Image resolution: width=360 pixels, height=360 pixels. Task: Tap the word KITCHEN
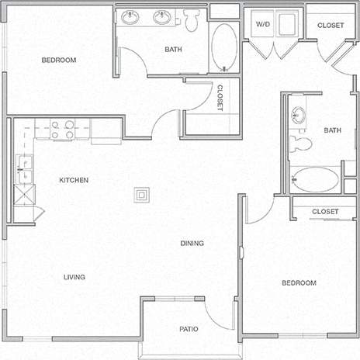pyautogui.click(x=74, y=180)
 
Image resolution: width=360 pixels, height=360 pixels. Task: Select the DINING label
pyautogui.click(x=192, y=243)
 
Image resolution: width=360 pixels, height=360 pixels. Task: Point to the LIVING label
pyautogui.click(x=74, y=277)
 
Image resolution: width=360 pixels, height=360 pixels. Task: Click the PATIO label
pyautogui.click(x=189, y=329)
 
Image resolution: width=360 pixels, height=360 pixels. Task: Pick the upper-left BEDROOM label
pyautogui.click(x=58, y=60)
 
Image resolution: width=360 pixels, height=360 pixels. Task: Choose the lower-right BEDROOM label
pyautogui.click(x=299, y=282)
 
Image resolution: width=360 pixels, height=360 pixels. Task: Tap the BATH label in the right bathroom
pyautogui.click(x=332, y=130)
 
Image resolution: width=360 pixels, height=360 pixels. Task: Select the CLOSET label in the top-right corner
pyautogui.click(x=331, y=25)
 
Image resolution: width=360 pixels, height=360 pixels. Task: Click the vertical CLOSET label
pyautogui.click(x=220, y=98)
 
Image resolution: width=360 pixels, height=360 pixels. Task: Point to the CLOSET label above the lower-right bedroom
pyautogui.click(x=324, y=211)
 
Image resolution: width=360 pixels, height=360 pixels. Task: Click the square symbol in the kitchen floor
pyautogui.click(x=142, y=194)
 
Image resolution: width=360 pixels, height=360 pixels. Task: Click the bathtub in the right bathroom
pyautogui.click(x=315, y=180)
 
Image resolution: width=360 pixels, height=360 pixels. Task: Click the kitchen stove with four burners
pyautogui.click(x=63, y=129)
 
